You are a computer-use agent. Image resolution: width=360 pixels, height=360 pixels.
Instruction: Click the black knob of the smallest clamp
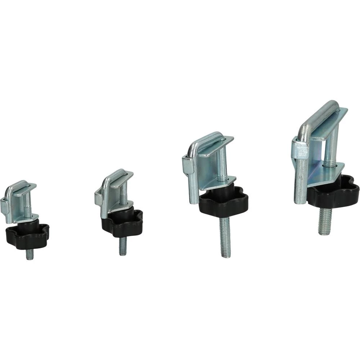click(27, 236)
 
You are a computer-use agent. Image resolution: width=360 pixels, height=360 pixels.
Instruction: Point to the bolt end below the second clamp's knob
click(123, 246)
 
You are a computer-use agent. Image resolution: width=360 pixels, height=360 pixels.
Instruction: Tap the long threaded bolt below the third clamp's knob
click(225, 238)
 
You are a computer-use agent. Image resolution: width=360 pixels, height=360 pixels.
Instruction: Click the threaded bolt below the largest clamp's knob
click(325, 221)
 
